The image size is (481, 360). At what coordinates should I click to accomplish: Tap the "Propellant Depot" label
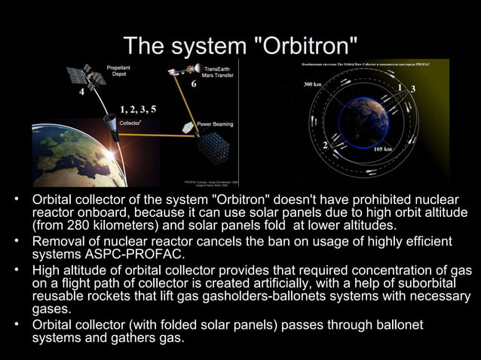[x=117, y=71]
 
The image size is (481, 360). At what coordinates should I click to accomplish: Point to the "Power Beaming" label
[x=215, y=124]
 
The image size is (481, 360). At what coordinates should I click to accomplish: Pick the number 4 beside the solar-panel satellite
[x=81, y=94]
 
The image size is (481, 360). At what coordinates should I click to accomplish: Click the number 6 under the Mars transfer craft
[x=194, y=84]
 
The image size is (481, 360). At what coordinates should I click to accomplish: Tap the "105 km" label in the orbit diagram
[x=383, y=149]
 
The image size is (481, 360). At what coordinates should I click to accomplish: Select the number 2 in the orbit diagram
[x=325, y=144]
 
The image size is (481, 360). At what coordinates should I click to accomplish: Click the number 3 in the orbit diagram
[x=412, y=90]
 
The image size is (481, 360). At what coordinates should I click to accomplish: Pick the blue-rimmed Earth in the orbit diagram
[x=363, y=122]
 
